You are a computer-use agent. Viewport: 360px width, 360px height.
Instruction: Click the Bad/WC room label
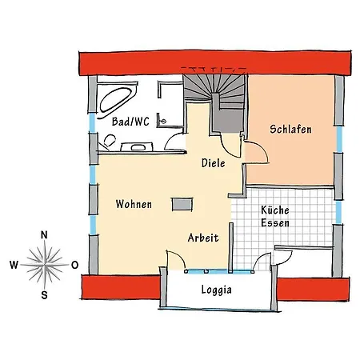click(x=130, y=122)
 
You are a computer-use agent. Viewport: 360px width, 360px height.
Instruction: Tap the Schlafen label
click(x=290, y=129)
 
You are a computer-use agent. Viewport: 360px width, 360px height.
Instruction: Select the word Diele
click(x=214, y=163)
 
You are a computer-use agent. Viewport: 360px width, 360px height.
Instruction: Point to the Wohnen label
click(x=134, y=204)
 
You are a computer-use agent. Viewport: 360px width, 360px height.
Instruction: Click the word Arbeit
click(x=203, y=238)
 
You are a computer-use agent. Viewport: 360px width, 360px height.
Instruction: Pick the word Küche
click(x=275, y=210)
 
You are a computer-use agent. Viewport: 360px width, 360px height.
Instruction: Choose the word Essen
click(x=275, y=222)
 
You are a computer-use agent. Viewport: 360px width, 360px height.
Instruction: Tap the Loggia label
click(x=216, y=290)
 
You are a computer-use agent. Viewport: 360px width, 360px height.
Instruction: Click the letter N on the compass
click(x=44, y=235)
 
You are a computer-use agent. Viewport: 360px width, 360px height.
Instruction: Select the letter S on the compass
click(x=44, y=295)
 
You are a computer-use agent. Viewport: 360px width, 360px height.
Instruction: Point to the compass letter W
click(x=14, y=265)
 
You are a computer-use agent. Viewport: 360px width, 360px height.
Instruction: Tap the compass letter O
click(x=75, y=265)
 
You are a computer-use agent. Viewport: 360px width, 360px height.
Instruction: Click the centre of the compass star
click(x=45, y=265)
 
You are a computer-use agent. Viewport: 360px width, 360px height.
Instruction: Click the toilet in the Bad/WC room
click(x=109, y=141)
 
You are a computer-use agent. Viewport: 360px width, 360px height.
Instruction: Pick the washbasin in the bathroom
click(x=137, y=147)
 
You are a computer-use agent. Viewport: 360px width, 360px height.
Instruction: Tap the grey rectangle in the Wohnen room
click(x=182, y=204)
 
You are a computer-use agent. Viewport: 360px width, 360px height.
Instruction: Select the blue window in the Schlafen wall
click(x=339, y=139)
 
